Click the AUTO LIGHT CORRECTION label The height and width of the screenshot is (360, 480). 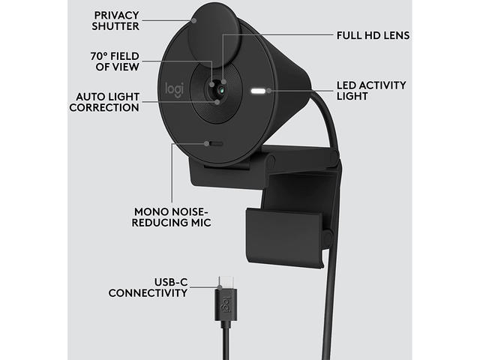(105, 102)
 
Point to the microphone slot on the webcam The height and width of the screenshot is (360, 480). (215, 144)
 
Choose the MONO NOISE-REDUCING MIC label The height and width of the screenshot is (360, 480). (160, 216)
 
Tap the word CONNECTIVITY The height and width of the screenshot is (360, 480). (148, 293)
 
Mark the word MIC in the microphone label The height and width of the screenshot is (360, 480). (200, 223)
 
